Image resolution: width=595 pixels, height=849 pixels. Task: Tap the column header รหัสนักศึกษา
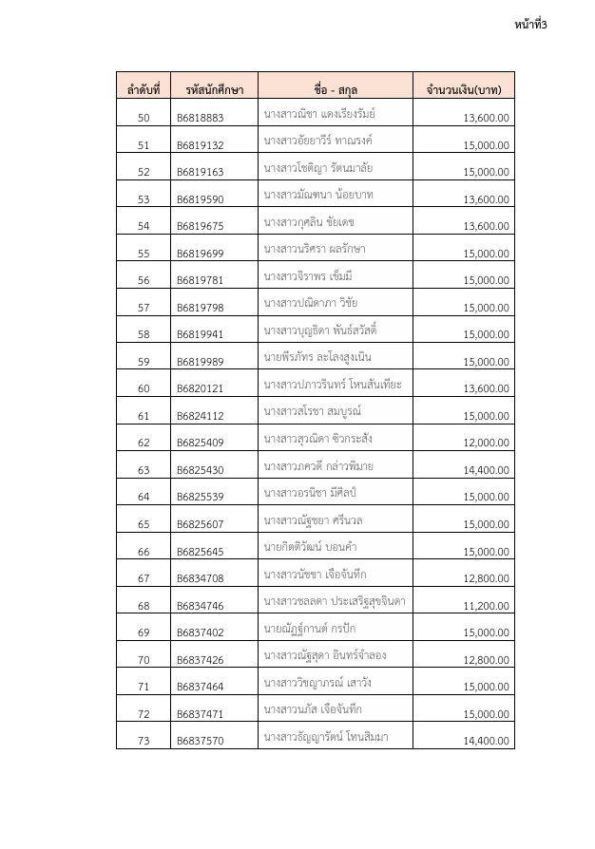(210, 90)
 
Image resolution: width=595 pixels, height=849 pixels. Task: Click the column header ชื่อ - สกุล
(337, 90)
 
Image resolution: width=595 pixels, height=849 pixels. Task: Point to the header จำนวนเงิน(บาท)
(465, 90)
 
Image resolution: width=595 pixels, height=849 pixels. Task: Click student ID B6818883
(201, 119)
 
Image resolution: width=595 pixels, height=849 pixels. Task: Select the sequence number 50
(144, 119)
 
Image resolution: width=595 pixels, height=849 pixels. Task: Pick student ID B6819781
(201, 281)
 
